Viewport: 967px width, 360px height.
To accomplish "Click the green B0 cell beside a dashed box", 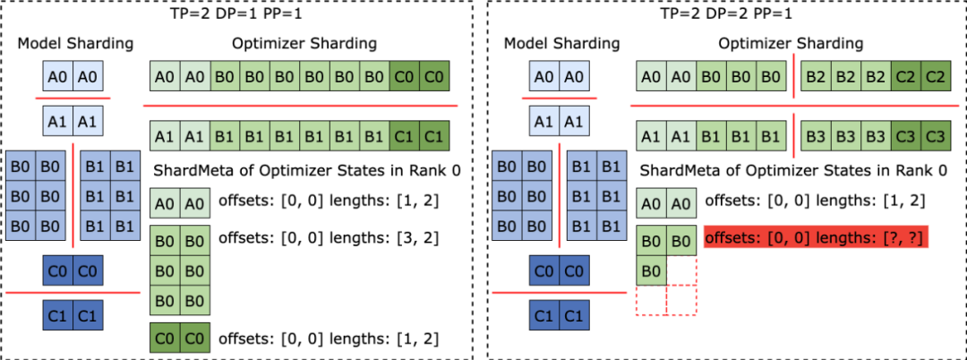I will tap(652, 270).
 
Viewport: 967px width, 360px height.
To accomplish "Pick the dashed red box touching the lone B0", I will tap(681, 270).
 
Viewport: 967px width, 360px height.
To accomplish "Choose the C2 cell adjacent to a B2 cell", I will tap(906, 77).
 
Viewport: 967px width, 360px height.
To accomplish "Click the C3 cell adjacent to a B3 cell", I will tap(906, 137).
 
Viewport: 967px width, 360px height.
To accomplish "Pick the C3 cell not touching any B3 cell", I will tap(936, 137).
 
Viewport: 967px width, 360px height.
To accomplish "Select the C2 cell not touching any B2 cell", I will tap(936, 77).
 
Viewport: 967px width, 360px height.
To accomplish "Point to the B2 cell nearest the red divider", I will tap(816, 77).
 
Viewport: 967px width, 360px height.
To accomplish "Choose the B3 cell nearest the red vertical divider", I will tap(816, 137).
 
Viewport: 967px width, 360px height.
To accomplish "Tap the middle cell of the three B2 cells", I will tap(845, 77).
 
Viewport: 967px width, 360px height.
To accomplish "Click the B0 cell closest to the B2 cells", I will tap(772, 77).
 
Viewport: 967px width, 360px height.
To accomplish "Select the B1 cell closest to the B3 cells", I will tap(772, 137).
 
